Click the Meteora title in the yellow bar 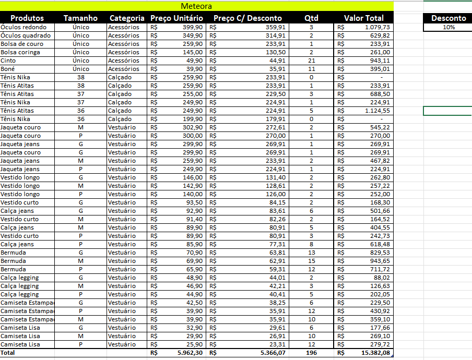click(x=196, y=6)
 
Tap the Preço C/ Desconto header click(x=247, y=18)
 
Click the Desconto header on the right click(x=449, y=18)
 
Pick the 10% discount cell click(x=449, y=27)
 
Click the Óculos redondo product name click(x=23, y=27)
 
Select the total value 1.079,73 click(x=377, y=27)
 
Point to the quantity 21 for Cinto click(x=311, y=61)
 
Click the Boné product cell click(x=8, y=69)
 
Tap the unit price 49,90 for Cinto click(x=193, y=61)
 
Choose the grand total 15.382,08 click(x=375, y=353)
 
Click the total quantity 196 click(x=311, y=353)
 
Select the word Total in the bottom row click(x=8, y=353)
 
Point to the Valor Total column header click(x=363, y=18)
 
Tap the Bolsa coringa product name click(x=21, y=52)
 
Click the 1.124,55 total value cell click(x=377, y=111)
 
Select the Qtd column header click(x=311, y=18)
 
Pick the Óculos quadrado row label click(x=26, y=35)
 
